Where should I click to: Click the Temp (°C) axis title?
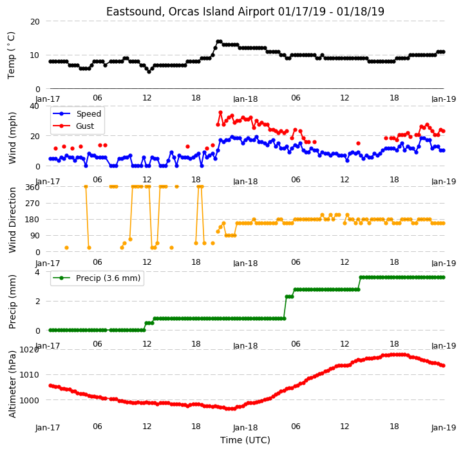[11, 55]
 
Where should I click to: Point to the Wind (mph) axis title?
[12, 139]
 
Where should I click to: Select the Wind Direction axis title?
[12, 220]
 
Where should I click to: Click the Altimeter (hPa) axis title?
[12, 384]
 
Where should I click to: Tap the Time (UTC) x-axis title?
[245, 440]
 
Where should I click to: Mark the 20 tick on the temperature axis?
[35, 21]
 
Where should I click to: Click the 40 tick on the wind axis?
[35, 106]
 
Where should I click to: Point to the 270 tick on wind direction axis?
[33, 204]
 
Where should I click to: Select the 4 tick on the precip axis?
[37, 272]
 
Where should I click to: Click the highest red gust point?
[220, 113]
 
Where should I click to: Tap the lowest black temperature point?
[149, 72]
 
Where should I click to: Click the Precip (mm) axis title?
[12, 302]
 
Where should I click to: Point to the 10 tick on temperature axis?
[35, 55]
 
